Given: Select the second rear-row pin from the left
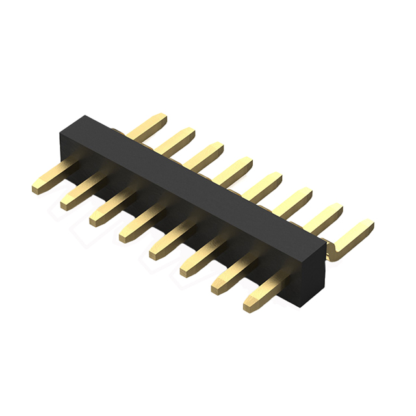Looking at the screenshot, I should pyautogui.click(x=177, y=140).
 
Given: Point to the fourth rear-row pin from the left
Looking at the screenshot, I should pyautogui.click(x=235, y=169).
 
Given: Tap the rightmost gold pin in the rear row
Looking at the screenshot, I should pyautogui.click(x=354, y=232).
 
